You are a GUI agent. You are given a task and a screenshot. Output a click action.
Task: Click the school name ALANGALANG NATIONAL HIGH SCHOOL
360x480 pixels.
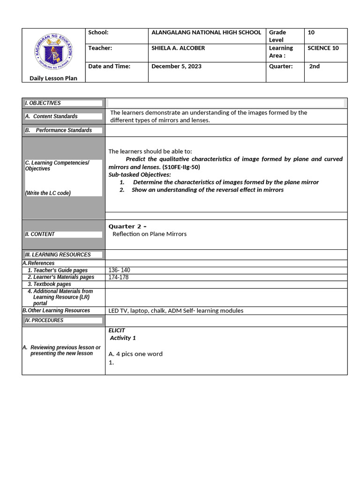(206, 32)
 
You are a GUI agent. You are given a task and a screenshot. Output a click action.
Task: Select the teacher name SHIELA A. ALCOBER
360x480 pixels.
(178, 48)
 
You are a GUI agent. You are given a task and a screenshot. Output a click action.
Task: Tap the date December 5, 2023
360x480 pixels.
(176, 66)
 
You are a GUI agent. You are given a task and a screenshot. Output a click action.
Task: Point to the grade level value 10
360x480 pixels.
(311, 32)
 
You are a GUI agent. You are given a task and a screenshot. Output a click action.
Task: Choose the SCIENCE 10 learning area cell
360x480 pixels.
(323, 48)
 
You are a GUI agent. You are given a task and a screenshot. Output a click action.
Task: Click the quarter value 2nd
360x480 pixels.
(314, 66)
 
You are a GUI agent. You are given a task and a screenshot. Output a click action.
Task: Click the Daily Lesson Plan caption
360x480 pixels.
(53, 78)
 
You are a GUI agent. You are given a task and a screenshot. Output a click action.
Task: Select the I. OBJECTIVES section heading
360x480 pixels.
(43, 103)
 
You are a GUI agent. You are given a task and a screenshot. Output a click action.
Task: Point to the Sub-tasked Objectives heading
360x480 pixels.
(140, 174)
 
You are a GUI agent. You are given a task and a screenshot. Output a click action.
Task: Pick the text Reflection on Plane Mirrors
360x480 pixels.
(150, 234)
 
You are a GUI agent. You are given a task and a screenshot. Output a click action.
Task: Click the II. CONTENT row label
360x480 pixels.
(40, 234)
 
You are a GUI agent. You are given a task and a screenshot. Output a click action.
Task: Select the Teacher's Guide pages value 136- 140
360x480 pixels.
(119, 270)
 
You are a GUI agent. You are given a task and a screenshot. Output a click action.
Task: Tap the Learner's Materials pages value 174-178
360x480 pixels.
(118, 277)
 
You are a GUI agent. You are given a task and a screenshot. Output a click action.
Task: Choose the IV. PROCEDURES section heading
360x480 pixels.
(44, 321)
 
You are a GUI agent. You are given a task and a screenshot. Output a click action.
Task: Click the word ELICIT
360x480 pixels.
(117, 330)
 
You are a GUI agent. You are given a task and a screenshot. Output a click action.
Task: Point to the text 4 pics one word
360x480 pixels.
(139, 354)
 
